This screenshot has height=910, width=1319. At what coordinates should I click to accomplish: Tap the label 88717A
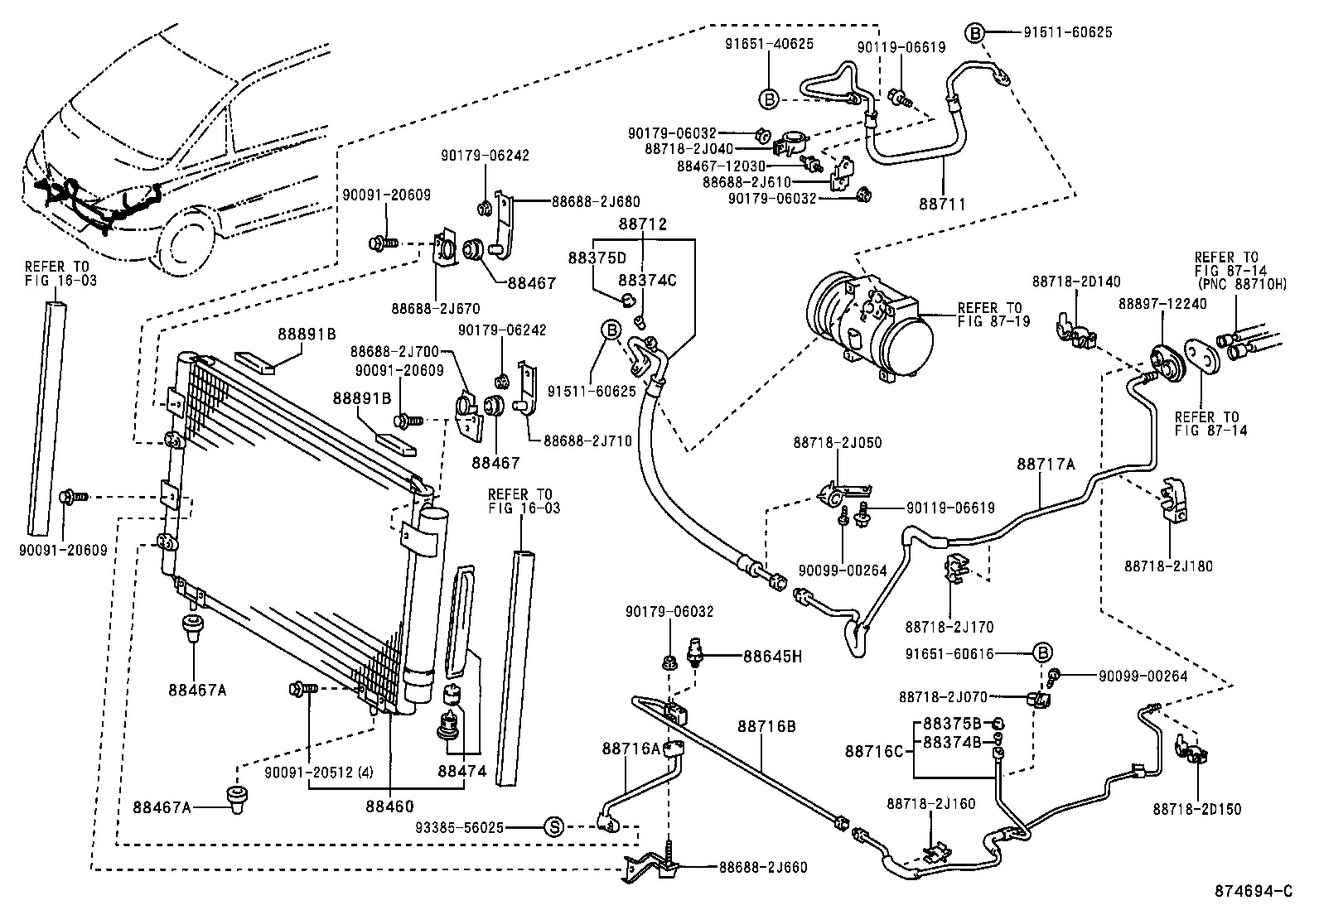[1046, 465]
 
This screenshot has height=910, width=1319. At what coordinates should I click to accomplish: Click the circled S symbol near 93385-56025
[553, 826]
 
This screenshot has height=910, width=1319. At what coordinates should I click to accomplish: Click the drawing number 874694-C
[1253, 891]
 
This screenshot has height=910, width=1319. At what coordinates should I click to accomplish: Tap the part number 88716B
[766, 726]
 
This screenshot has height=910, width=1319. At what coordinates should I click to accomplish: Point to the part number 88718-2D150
[1196, 809]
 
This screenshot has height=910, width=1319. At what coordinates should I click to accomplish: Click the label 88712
[642, 224]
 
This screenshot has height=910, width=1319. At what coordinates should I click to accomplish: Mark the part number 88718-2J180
[1168, 566]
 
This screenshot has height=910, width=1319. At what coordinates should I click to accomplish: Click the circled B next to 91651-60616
[1043, 653]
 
